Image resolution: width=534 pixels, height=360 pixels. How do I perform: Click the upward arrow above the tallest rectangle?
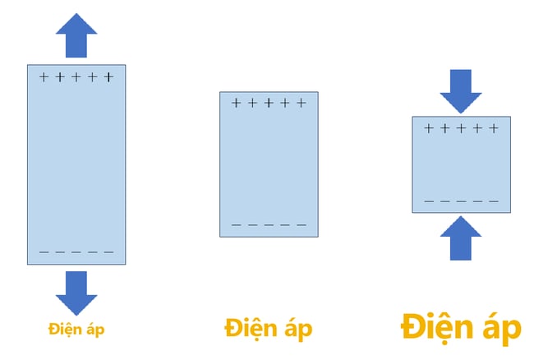(x=76, y=35)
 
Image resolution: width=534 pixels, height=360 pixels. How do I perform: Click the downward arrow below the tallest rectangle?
(x=76, y=293)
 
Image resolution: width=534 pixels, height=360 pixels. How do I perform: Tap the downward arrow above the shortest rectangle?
(x=461, y=91)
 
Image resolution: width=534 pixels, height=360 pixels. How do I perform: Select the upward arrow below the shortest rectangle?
(x=461, y=238)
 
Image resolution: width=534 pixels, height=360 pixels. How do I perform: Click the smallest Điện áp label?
(x=76, y=330)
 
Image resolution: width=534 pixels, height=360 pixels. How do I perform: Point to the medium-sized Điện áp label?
(x=269, y=328)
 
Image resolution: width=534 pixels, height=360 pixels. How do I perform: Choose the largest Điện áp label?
(x=461, y=327)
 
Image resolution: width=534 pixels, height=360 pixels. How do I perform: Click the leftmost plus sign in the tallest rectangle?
(x=44, y=77)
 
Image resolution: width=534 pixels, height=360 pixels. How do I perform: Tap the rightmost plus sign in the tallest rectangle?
(x=108, y=77)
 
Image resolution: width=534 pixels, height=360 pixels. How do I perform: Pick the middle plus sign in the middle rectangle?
(x=269, y=103)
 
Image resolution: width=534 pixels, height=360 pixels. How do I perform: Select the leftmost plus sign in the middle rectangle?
(x=236, y=103)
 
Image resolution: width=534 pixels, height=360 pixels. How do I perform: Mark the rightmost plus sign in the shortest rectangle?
(x=494, y=128)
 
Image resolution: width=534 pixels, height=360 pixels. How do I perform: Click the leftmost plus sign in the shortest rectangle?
(x=429, y=128)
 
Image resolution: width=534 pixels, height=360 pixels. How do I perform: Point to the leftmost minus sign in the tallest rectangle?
(x=44, y=252)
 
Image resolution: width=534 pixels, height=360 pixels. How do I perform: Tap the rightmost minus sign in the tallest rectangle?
(x=109, y=252)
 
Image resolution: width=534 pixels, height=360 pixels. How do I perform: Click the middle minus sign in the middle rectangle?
(x=269, y=225)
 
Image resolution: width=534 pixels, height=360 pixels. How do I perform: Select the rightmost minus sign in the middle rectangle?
(x=302, y=225)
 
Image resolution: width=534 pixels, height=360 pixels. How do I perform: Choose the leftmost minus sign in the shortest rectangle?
(x=429, y=201)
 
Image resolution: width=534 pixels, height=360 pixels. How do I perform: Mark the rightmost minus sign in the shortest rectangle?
(x=494, y=201)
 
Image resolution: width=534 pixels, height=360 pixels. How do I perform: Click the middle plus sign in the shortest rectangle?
(x=461, y=128)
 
